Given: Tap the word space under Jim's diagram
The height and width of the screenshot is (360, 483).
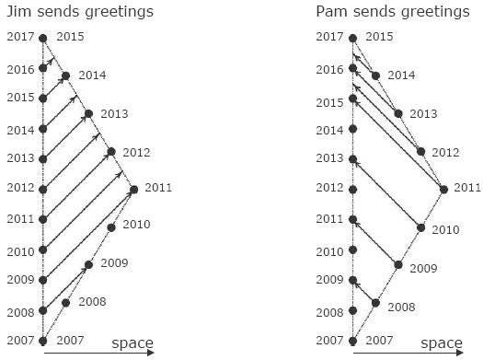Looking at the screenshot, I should tap(132, 343).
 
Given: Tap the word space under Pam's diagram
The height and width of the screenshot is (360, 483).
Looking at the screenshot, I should tap(443, 343).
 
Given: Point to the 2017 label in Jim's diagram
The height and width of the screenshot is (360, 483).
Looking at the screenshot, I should tap(19, 37).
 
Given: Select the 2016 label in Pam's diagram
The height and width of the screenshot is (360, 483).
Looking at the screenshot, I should tap(329, 69).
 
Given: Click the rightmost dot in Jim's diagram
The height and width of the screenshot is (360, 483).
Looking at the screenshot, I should tap(134, 190).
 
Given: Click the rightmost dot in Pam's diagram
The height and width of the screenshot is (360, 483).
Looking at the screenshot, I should tap(444, 190).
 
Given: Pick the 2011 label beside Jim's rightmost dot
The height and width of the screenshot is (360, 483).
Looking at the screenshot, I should tap(158, 188).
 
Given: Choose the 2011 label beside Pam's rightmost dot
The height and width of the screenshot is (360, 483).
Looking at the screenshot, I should tap(467, 188).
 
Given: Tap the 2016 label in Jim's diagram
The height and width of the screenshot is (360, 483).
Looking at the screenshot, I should tap(19, 69).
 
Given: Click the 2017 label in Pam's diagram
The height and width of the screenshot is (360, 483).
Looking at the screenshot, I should tap(329, 37).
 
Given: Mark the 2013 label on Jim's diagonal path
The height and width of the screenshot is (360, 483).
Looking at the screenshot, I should tap(113, 114).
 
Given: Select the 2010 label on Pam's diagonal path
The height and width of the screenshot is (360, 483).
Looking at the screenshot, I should tap(445, 228).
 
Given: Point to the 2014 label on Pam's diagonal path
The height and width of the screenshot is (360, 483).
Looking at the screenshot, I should tap(400, 75).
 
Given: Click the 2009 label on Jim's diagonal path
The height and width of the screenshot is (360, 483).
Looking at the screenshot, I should tap(113, 263).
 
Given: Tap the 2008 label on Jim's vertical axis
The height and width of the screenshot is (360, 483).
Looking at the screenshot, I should tap(19, 312).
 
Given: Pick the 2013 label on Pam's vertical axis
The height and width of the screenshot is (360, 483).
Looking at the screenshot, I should tap(329, 158).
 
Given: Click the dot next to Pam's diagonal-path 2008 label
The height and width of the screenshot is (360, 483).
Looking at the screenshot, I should tap(375, 303).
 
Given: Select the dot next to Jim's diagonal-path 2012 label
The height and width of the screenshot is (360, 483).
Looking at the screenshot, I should tap(111, 152).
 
